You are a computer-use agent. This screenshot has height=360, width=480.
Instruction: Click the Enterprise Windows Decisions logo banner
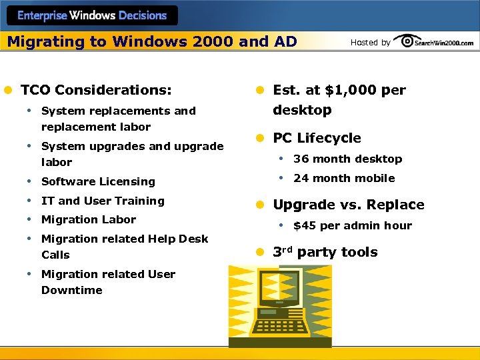click(92, 15)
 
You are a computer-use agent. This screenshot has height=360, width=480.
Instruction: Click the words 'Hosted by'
click(370, 43)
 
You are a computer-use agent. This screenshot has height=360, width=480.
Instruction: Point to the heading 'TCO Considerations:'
click(96, 89)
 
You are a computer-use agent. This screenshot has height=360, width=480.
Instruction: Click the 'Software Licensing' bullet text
click(98, 181)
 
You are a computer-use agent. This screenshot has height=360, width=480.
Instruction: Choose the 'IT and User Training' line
click(103, 201)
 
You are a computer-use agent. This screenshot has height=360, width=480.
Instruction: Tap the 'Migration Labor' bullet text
click(89, 219)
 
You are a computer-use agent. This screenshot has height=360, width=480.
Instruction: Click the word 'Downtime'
click(72, 290)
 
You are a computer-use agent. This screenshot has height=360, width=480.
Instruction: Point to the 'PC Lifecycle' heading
click(317, 138)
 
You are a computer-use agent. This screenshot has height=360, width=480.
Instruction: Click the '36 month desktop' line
click(347, 159)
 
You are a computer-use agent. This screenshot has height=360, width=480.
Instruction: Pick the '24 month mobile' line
click(344, 178)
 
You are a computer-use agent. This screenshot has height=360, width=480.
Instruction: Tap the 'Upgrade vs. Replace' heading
click(349, 205)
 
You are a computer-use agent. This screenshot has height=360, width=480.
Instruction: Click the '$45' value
click(305, 225)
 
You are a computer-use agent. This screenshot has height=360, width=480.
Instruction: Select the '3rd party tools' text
click(325, 252)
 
